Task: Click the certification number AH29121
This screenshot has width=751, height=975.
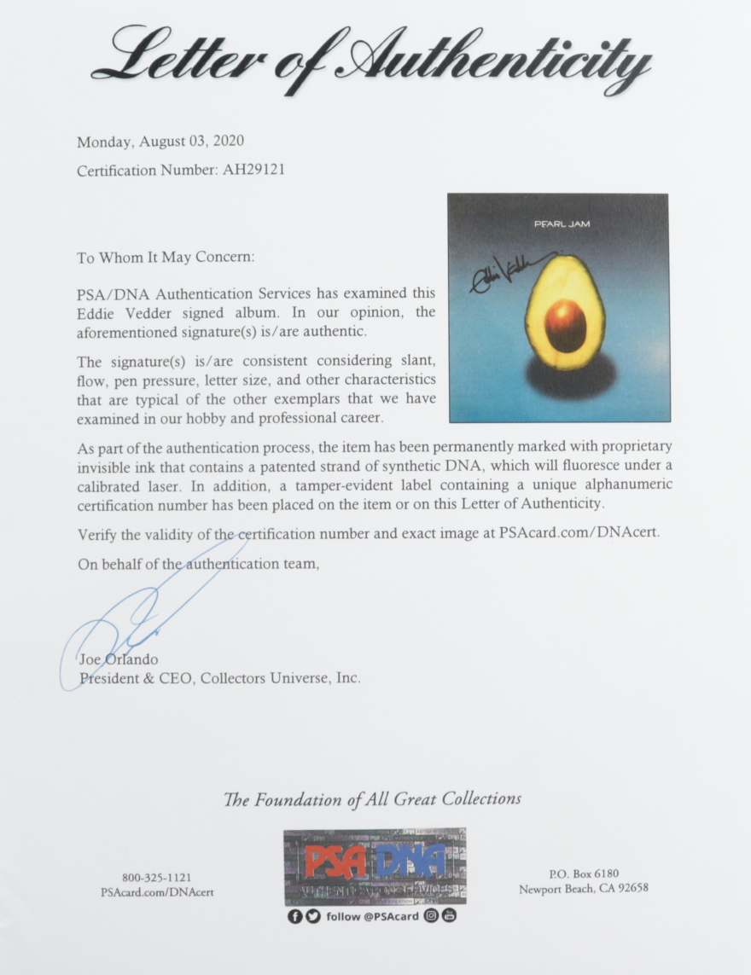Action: [x=253, y=170]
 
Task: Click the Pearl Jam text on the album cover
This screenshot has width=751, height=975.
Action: [x=562, y=224]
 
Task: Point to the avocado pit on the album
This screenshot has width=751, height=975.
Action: [x=566, y=325]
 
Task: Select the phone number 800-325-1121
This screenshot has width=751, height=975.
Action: [x=156, y=877]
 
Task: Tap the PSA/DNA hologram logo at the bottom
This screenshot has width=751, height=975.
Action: [x=375, y=866]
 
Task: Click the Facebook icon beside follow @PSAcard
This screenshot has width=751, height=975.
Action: [x=294, y=916]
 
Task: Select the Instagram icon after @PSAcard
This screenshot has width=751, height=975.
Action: [x=432, y=916]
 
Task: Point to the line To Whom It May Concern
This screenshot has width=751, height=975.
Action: [x=165, y=257]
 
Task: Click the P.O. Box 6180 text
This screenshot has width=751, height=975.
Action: [x=583, y=873]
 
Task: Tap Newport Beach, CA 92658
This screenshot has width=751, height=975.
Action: [x=583, y=888]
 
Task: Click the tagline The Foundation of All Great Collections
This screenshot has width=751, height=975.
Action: [x=372, y=799]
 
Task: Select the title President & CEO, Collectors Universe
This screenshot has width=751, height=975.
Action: [x=219, y=678]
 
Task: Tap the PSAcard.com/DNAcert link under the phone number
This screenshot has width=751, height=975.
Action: [x=156, y=892]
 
